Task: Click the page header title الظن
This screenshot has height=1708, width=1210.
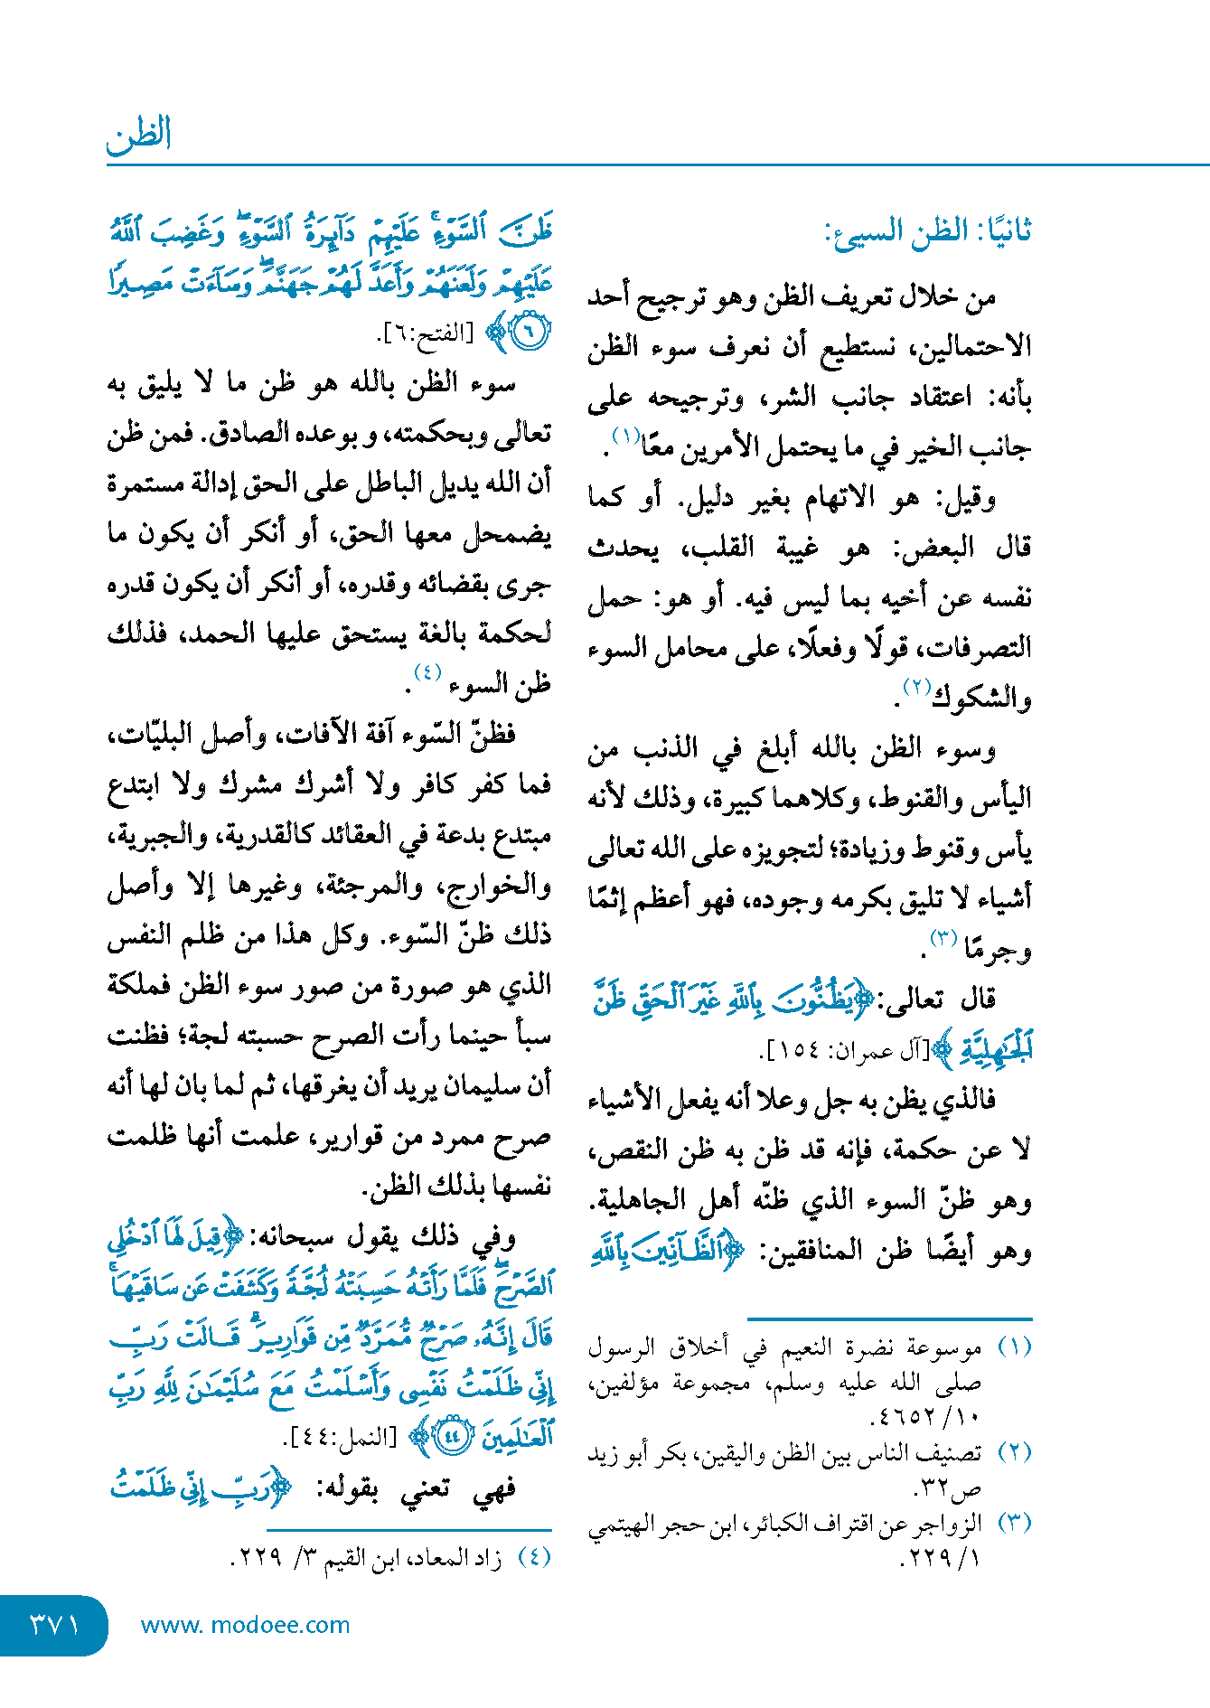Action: tap(138, 136)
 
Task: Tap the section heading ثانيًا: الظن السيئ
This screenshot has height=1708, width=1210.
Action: tap(927, 232)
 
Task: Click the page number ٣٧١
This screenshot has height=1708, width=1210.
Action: tap(54, 1625)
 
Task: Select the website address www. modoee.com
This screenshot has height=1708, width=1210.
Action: tap(245, 1625)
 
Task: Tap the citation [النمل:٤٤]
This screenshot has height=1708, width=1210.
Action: tap(341, 1436)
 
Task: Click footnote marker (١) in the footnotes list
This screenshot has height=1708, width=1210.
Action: tap(1014, 1347)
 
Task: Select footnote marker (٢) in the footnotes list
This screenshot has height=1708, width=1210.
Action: tap(1014, 1452)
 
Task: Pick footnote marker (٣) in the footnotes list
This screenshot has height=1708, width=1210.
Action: tap(1014, 1523)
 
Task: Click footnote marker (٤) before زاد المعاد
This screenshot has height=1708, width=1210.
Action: tap(534, 1557)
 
